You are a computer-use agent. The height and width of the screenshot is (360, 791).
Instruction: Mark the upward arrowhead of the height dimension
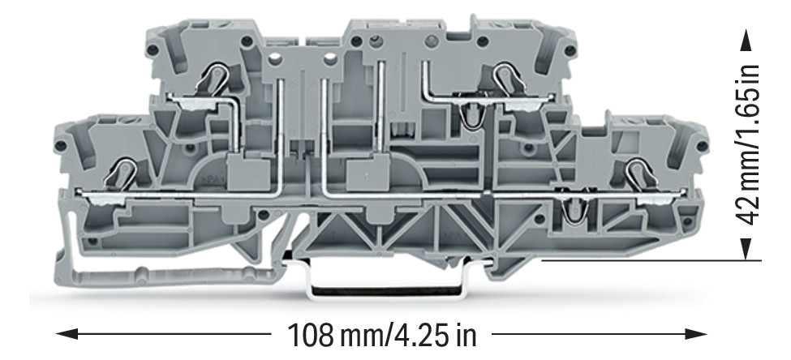(746, 40)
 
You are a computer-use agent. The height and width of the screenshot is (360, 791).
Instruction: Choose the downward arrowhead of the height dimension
(746, 249)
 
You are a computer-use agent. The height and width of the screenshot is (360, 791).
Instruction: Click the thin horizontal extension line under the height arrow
(651, 260)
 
